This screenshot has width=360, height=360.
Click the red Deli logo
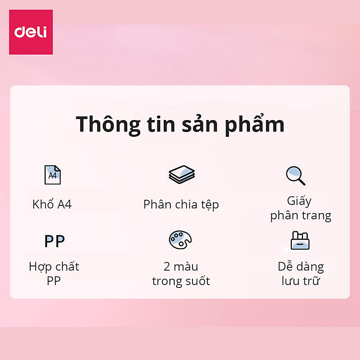tap(31, 32)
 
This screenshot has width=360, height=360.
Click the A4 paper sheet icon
tap(52, 175)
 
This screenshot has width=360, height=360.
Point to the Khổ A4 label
tap(52, 204)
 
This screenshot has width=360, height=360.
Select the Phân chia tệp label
tap(181, 204)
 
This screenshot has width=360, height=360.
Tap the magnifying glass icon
tap(296, 176)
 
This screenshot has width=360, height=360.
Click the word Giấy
tap(300, 201)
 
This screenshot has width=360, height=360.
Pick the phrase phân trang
tap(300, 216)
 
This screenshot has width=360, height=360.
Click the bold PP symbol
tap(54, 241)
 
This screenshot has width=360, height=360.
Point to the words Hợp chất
tap(54, 266)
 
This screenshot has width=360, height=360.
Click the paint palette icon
tap(180, 240)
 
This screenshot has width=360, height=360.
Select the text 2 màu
tap(180, 266)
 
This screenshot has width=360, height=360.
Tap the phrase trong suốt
tap(181, 281)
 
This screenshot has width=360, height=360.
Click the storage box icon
tap(300, 240)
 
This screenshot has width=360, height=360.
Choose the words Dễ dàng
tap(300, 266)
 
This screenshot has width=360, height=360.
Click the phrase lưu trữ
tap(300, 281)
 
